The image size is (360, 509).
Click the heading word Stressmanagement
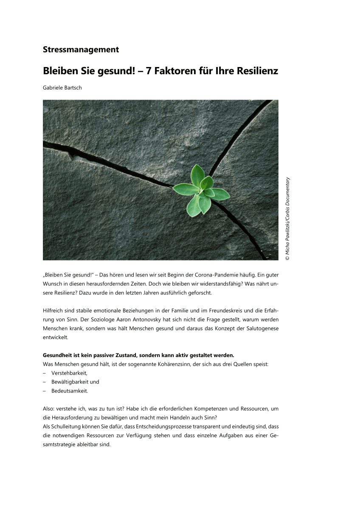click(81, 50)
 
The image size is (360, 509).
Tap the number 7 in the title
click(149, 71)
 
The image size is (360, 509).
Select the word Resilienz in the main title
click(257, 71)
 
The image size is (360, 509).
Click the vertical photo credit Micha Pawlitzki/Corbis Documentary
click(287, 218)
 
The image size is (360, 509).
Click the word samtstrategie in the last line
click(59, 445)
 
